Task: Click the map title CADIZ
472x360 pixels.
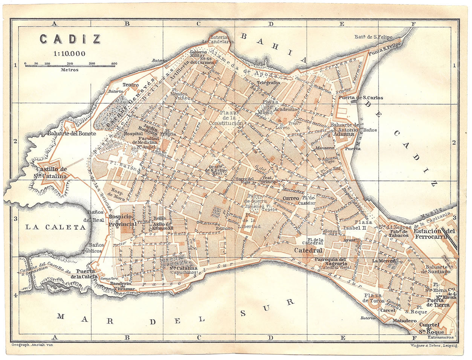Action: pos(70,39)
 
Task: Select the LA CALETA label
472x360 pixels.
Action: pos(56,227)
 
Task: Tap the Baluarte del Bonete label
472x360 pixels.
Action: pos(72,133)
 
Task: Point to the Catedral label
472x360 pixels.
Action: pos(308,250)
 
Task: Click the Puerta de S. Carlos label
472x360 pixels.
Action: pos(361,98)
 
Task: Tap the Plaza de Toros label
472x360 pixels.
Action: pos(373,298)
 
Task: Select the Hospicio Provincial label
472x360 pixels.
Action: pos(122,220)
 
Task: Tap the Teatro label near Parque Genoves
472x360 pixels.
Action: pos(130,85)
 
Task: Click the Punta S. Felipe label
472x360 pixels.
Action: pos(385,48)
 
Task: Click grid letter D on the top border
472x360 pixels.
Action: pos(270,24)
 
